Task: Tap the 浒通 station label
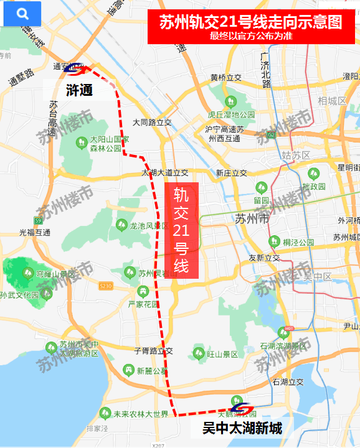79,90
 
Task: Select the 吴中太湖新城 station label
242,428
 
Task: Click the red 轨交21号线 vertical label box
181,231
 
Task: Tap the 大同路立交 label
153,123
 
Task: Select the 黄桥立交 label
225,78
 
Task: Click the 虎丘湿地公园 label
232,115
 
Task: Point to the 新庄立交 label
231,172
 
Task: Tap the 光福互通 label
35,232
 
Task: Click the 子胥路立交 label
153,351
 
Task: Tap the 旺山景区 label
222,354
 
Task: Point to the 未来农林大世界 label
141,414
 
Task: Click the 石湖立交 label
288,382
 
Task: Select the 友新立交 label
264,258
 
